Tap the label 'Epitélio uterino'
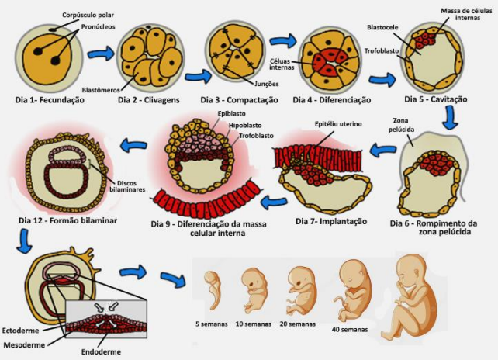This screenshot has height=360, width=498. point(338,123)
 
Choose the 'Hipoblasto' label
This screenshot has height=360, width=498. point(244,124)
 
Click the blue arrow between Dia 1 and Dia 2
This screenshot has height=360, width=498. point(100,54)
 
